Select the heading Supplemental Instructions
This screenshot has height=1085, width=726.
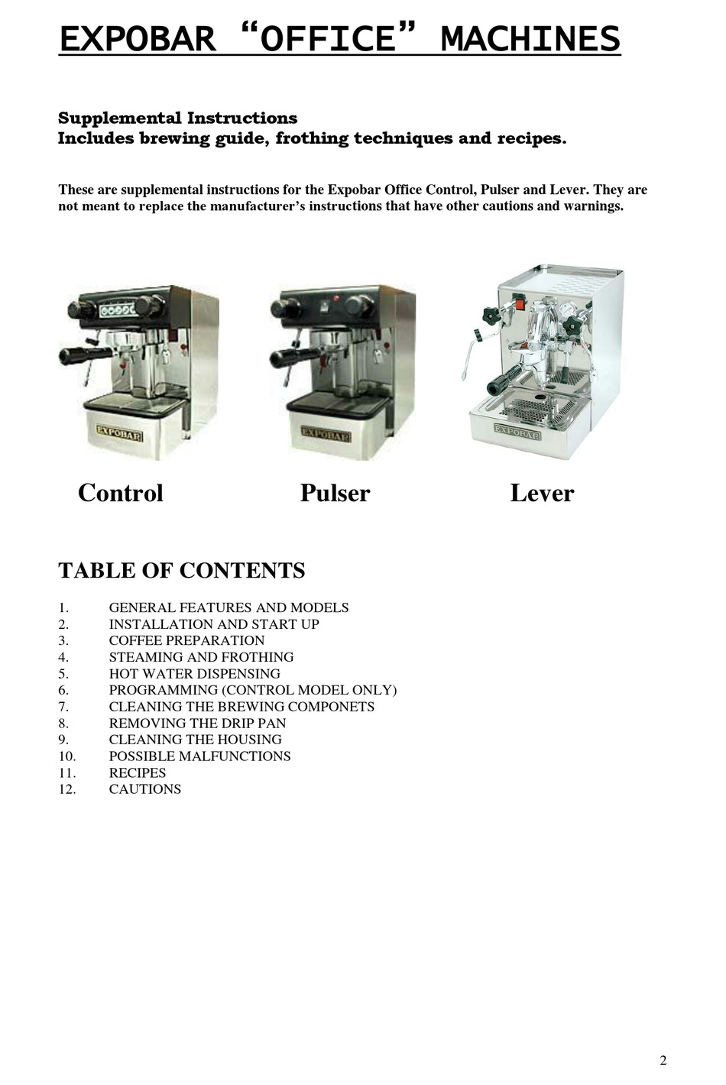click(178, 118)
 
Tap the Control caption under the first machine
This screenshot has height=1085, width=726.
click(121, 493)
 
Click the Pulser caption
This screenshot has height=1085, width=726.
click(335, 493)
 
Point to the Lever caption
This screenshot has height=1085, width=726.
click(542, 493)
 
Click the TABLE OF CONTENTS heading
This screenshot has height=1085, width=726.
click(182, 571)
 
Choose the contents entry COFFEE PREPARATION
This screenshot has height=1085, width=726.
click(186, 640)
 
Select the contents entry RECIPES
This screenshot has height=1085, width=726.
click(138, 772)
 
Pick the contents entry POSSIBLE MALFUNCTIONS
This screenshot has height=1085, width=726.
click(199, 756)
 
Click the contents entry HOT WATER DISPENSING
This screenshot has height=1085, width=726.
click(194, 673)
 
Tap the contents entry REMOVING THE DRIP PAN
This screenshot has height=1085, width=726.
click(197, 723)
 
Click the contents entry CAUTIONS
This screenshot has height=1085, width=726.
click(145, 789)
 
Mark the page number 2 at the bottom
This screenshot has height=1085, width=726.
click(663, 1059)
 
